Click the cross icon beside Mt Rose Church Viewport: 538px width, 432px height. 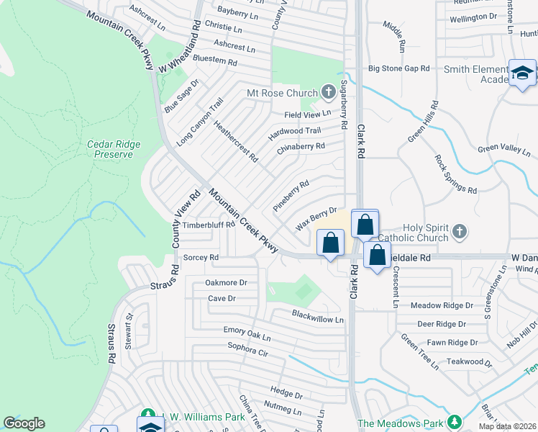[x=329, y=92]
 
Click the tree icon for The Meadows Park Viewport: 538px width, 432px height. [x=454, y=421]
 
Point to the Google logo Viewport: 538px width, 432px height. [x=24, y=423]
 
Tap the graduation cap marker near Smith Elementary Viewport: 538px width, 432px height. [x=522, y=73]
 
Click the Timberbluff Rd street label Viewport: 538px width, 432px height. [x=209, y=225]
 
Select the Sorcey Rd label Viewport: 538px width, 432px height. [x=201, y=257]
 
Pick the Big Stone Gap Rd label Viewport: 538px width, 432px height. [x=398, y=68]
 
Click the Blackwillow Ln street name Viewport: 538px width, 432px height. [x=318, y=316]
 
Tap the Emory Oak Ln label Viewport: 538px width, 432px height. [x=247, y=333]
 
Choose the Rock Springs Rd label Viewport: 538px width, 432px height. [x=455, y=174]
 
